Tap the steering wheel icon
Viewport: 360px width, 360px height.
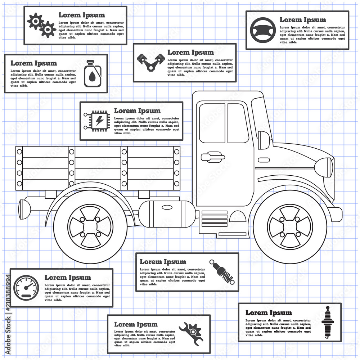(x=262, y=30)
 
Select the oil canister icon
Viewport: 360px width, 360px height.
(x=92, y=73)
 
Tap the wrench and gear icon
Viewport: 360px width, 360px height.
(x=191, y=333)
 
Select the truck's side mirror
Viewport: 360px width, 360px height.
(x=264, y=140)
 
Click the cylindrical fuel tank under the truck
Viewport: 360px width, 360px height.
(x=167, y=214)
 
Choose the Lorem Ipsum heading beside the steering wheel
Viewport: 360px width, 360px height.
(x=303, y=20)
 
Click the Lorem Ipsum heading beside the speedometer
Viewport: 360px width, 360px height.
(x=68, y=278)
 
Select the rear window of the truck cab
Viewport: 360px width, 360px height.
(x=212, y=123)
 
